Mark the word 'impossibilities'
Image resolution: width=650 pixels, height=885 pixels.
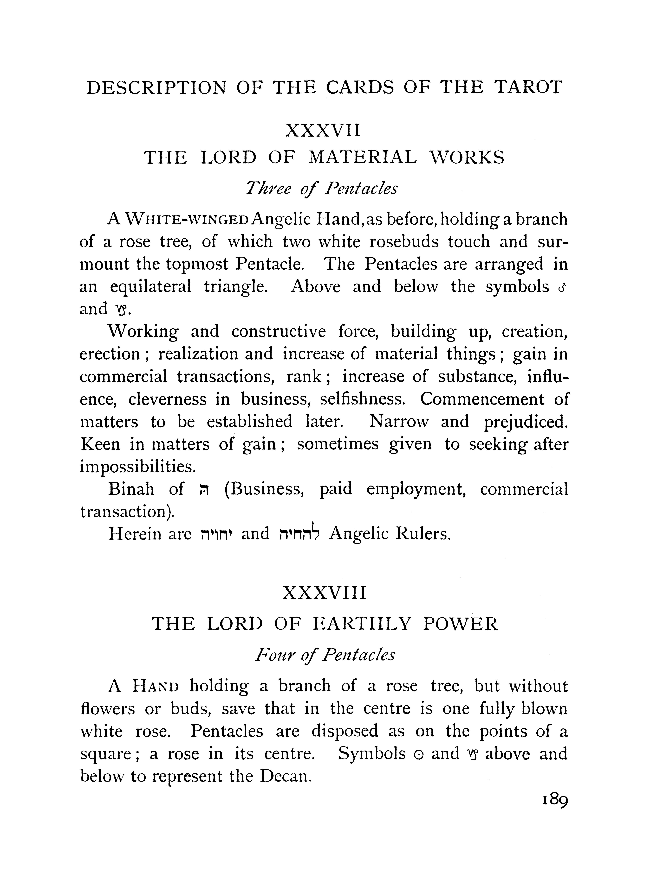pos(138,467)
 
